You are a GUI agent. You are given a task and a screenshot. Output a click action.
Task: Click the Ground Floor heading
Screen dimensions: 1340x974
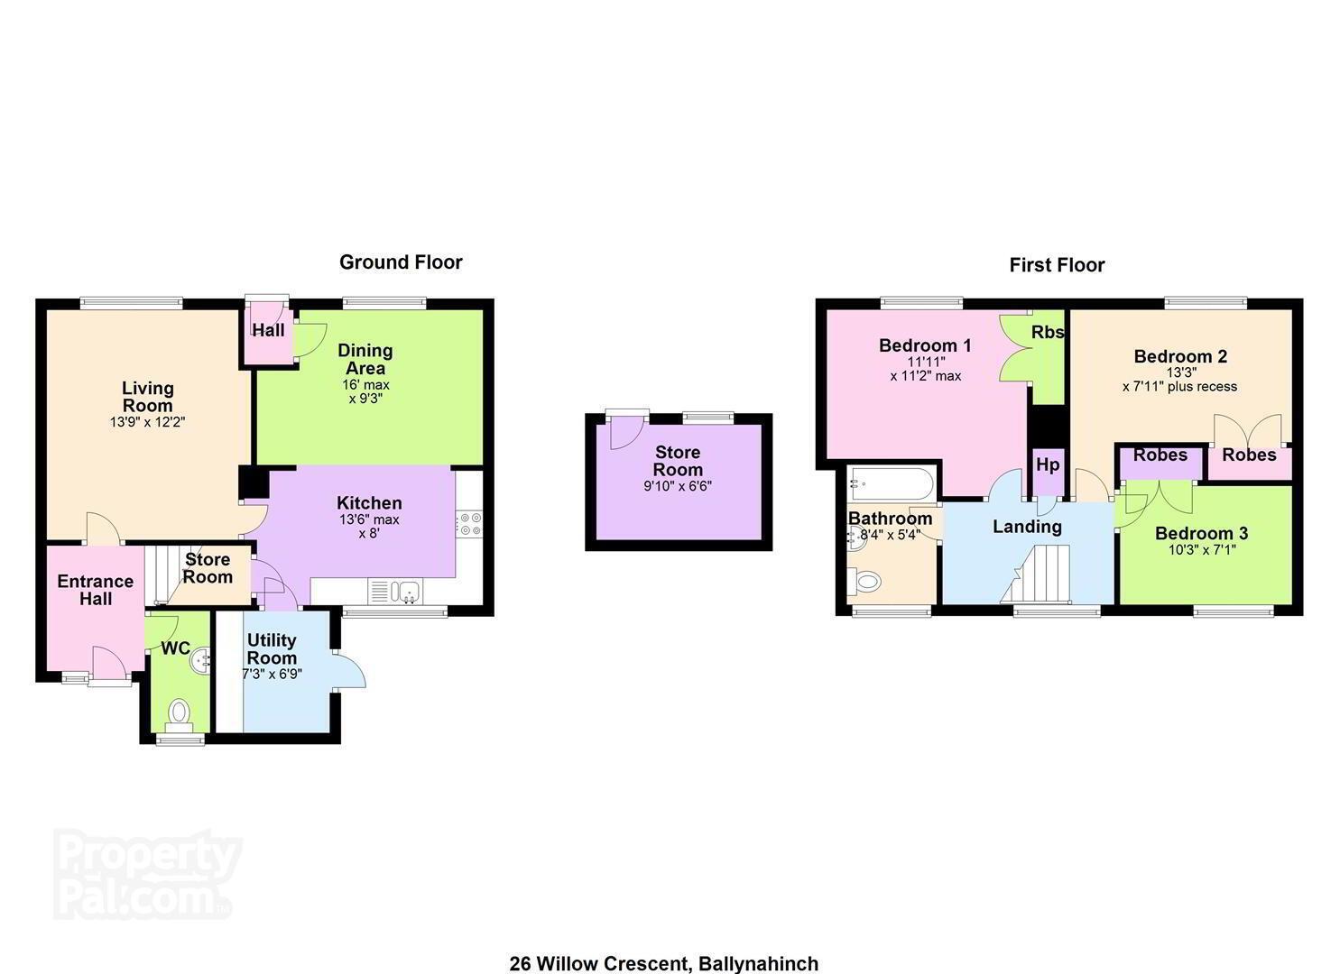click(401, 262)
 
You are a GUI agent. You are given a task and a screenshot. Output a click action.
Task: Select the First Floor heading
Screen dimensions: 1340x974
click(1057, 265)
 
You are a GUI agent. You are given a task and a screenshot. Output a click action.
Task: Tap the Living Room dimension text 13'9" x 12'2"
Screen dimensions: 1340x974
click(148, 422)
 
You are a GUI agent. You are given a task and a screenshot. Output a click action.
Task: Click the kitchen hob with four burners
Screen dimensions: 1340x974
click(469, 524)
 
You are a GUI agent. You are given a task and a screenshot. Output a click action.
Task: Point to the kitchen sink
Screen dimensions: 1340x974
click(395, 592)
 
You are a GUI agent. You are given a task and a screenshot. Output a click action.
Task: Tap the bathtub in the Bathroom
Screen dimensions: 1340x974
click(891, 483)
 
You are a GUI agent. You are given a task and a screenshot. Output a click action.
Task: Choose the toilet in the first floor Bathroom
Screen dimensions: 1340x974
click(865, 581)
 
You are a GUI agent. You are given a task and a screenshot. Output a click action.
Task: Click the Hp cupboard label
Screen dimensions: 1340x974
click(1048, 464)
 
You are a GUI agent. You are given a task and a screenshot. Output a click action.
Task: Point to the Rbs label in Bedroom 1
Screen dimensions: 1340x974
click(1048, 332)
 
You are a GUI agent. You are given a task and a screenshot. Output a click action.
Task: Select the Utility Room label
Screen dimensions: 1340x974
click(272, 648)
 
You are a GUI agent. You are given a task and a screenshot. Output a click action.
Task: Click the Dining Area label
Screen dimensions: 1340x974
click(365, 359)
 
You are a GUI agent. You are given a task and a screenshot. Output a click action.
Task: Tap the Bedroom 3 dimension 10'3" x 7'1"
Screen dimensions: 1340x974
click(1202, 549)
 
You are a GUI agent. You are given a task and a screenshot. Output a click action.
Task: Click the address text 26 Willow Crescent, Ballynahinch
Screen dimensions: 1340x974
click(664, 963)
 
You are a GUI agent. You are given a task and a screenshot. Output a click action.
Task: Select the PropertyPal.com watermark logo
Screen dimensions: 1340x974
click(146, 874)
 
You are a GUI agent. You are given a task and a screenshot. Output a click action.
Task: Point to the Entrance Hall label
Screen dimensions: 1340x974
click(95, 590)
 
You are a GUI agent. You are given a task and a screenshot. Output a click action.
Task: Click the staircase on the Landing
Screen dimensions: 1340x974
click(1036, 574)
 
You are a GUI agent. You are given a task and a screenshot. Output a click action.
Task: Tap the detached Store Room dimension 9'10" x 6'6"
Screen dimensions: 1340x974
click(678, 486)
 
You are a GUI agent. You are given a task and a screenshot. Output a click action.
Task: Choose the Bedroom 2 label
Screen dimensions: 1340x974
click(1180, 356)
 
